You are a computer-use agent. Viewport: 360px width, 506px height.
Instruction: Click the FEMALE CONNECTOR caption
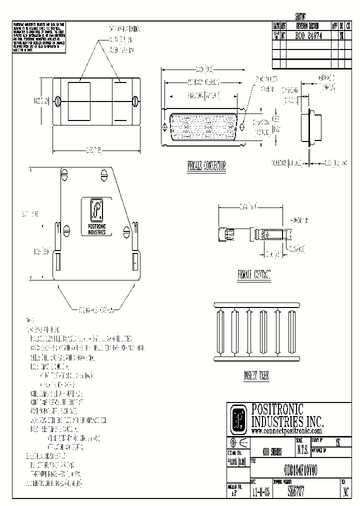click(206, 166)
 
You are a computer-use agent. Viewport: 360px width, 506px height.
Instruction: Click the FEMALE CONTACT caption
click(254, 274)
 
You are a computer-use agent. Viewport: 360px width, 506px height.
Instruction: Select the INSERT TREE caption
click(256, 376)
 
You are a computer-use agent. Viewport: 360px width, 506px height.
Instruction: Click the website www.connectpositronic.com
click(286, 431)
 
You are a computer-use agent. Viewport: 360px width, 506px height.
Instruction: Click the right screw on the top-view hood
click(136, 101)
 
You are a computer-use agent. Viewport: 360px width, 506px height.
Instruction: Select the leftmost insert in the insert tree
click(219, 332)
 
